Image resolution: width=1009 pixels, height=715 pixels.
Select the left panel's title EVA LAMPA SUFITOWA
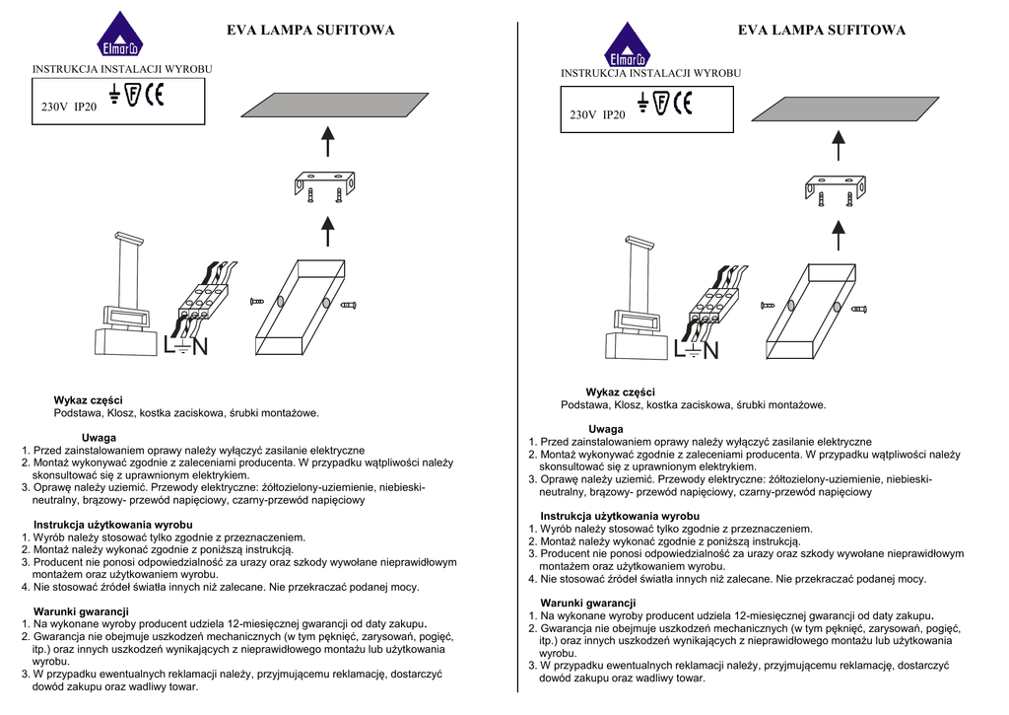310,31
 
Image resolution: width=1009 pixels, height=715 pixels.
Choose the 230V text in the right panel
582,115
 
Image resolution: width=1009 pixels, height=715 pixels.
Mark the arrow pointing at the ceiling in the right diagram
838,144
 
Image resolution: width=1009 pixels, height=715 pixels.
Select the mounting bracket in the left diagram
325,184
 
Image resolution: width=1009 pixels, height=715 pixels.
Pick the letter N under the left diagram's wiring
200,347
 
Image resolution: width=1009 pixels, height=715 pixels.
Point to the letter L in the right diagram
681,351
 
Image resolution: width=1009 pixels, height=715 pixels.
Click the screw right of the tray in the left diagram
347,305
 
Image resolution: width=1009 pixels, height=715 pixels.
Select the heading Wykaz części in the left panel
88,400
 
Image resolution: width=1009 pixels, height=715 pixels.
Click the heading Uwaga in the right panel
605,429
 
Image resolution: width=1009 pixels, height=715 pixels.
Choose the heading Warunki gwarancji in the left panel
81,611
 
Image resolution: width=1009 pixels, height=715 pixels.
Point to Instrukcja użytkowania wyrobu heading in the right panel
620,516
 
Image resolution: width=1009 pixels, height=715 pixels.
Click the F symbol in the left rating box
134,95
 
